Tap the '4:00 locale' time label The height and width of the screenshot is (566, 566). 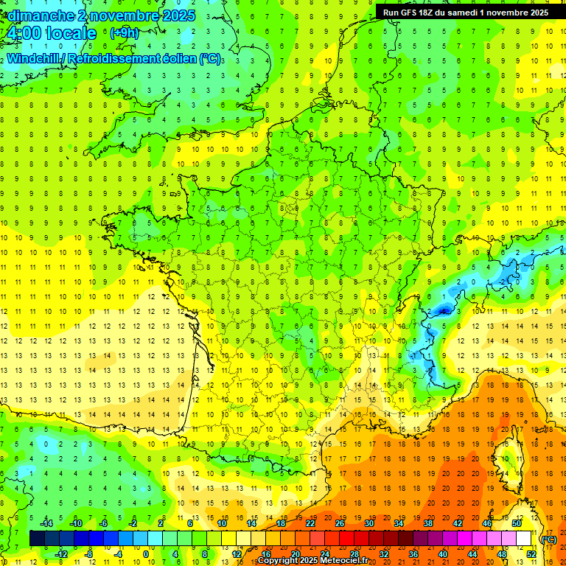[51, 33]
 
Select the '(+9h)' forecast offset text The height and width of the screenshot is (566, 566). [123, 33]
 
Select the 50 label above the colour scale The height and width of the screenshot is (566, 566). [517, 523]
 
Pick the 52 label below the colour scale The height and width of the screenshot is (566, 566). [531, 554]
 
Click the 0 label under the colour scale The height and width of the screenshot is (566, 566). [146, 554]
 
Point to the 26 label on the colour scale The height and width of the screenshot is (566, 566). [340, 523]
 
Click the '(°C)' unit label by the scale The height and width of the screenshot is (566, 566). [549, 539]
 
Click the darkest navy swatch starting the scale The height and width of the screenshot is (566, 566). [37, 539]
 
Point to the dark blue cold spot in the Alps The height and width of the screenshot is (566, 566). [443, 311]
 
